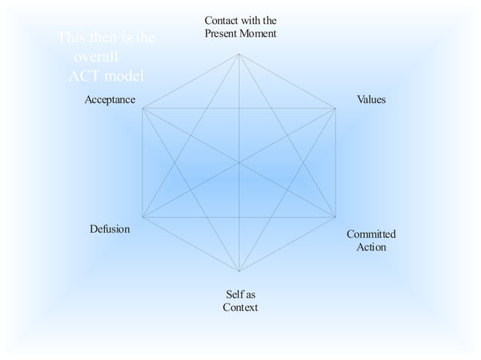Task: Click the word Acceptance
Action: click(x=110, y=99)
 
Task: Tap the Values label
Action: click(x=371, y=99)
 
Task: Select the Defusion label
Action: click(x=109, y=229)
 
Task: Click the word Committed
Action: click(x=371, y=234)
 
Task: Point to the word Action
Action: click(x=371, y=247)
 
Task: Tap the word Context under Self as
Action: click(x=240, y=307)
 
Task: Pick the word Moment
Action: click(x=259, y=33)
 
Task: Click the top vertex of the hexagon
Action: click(x=239, y=53)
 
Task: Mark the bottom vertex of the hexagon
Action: click(x=239, y=271)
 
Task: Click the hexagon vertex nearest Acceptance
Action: click(x=142, y=108)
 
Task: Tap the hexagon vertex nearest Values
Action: click(x=335, y=108)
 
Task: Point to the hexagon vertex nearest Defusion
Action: click(x=142, y=217)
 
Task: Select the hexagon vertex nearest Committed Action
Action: click(x=335, y=217)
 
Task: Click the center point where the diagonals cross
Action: click(x=239, y=163)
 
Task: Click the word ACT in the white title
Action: click(x=83, y=75)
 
